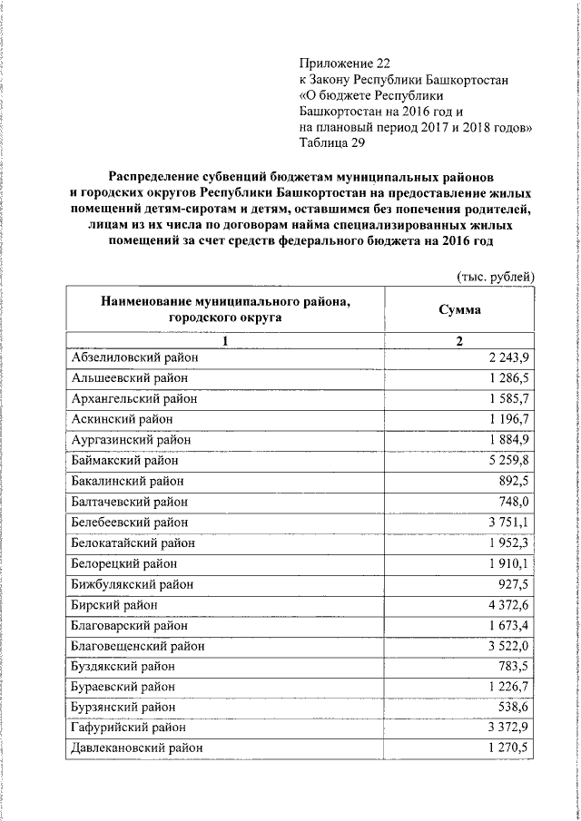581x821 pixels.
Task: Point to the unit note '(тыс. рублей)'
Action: pos(494,276)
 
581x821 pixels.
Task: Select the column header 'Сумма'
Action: pos(459,309)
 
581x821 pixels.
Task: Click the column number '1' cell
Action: pos(224,341)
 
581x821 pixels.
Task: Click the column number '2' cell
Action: pos(459,341)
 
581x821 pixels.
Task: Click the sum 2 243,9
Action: pos(507,357)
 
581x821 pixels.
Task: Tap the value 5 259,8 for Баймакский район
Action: pos(507,461)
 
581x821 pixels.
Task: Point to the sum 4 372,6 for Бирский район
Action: pos(507,604)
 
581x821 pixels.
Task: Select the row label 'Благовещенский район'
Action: pos(137,646)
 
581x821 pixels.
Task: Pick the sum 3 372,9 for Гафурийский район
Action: pos(507,728)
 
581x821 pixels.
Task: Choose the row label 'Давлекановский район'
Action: pos(136,748)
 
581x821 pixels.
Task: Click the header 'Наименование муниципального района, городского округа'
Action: pos(224,309)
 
